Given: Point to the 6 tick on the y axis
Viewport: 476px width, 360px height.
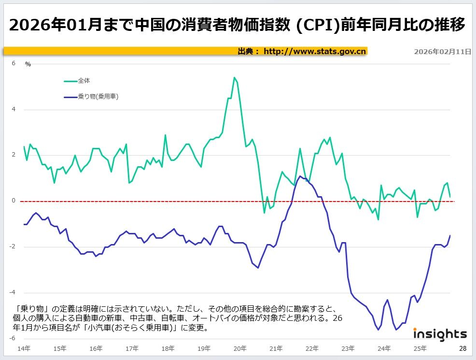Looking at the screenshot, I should point(14,63).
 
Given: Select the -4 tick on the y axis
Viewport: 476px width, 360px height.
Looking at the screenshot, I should point(13,292).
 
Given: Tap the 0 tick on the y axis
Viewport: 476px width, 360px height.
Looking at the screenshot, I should point(14,201).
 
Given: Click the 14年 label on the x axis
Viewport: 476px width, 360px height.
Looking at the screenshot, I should point(24,348).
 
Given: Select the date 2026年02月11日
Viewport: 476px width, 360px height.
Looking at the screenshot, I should point(442,51).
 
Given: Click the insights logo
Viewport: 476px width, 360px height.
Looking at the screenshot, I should point(440,334).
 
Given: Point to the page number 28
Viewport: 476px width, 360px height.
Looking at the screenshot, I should point(462,348).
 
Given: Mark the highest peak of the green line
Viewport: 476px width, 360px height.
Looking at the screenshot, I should point(234,77).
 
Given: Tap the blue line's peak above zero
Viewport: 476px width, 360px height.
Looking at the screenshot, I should point(300,176).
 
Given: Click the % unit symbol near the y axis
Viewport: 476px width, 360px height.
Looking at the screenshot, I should point(28,64).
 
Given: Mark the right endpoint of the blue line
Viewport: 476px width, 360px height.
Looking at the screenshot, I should point(450,235).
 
